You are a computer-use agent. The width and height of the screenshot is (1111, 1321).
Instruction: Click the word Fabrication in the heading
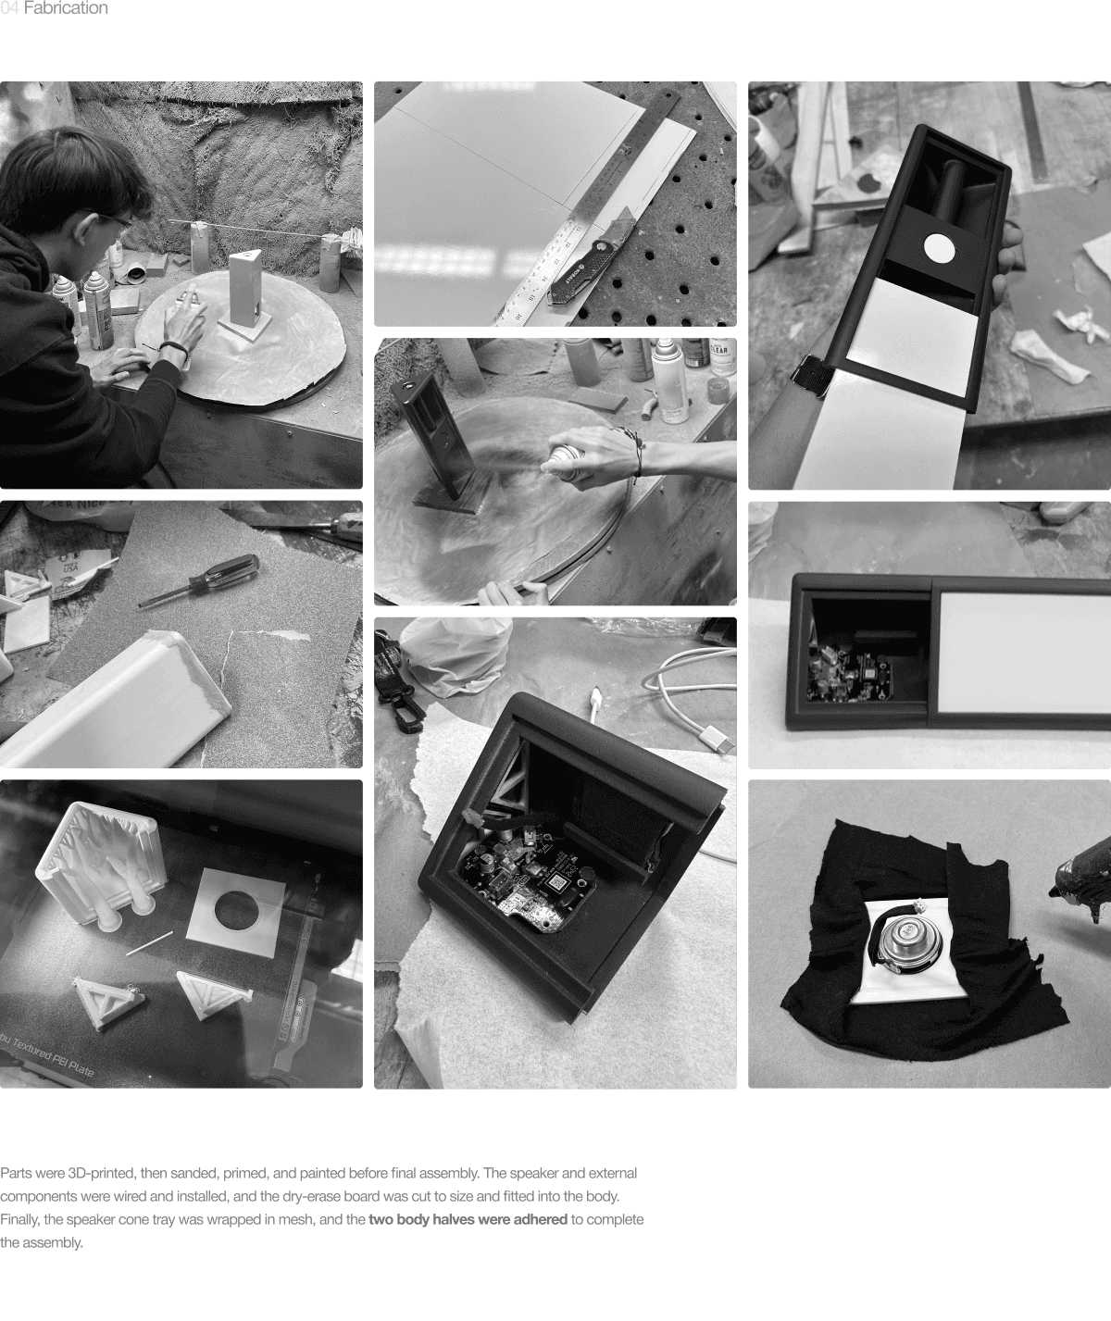(x=65, y=8)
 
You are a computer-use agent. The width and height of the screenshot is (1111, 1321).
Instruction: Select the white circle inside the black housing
(x=940, y=248)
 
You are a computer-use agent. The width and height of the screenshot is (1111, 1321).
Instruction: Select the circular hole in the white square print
(x=235, y=908)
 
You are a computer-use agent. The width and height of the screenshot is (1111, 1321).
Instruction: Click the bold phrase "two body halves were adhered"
(x=468, y=1219)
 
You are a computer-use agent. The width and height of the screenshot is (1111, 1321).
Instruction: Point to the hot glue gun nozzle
(x=1055, y=891)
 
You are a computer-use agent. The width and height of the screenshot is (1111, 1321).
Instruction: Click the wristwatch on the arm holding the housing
(x=812, y=375)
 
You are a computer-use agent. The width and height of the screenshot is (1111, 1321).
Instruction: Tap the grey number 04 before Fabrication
(x=9, y=8)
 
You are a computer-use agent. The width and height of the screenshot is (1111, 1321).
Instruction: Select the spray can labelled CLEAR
(x=721, y=358)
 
